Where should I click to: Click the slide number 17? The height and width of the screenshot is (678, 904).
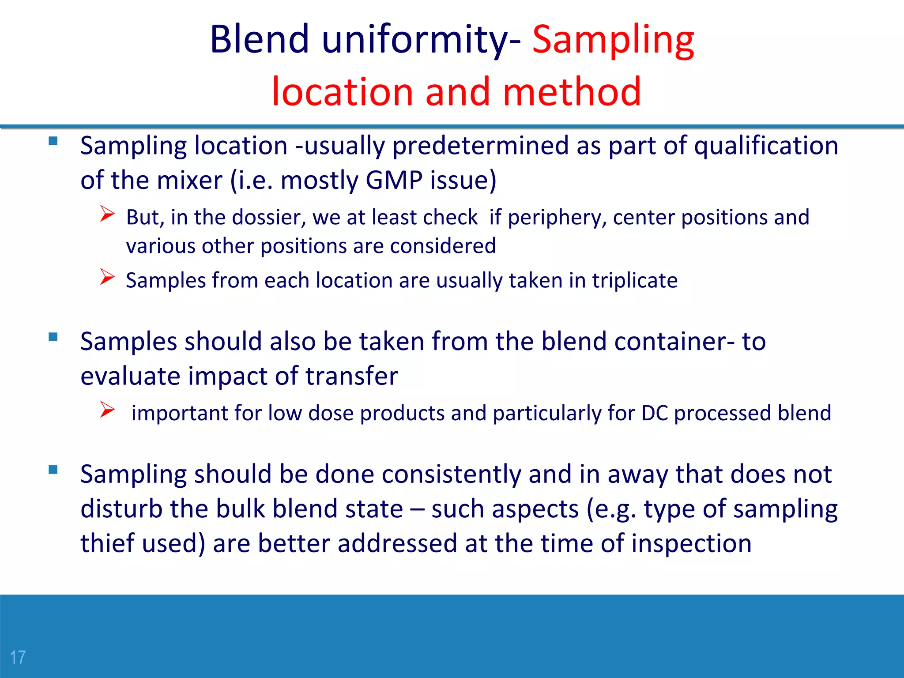(18, 657)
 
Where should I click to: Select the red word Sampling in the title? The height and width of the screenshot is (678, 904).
(613, 41)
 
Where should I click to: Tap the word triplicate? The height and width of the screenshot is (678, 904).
(634, 280)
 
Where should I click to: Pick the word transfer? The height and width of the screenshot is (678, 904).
(351, 376)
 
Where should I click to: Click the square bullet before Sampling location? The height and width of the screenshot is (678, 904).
(53, 141)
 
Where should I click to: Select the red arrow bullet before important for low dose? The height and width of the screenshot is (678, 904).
(107, 410)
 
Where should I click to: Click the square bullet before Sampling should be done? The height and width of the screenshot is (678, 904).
(53, 470)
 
